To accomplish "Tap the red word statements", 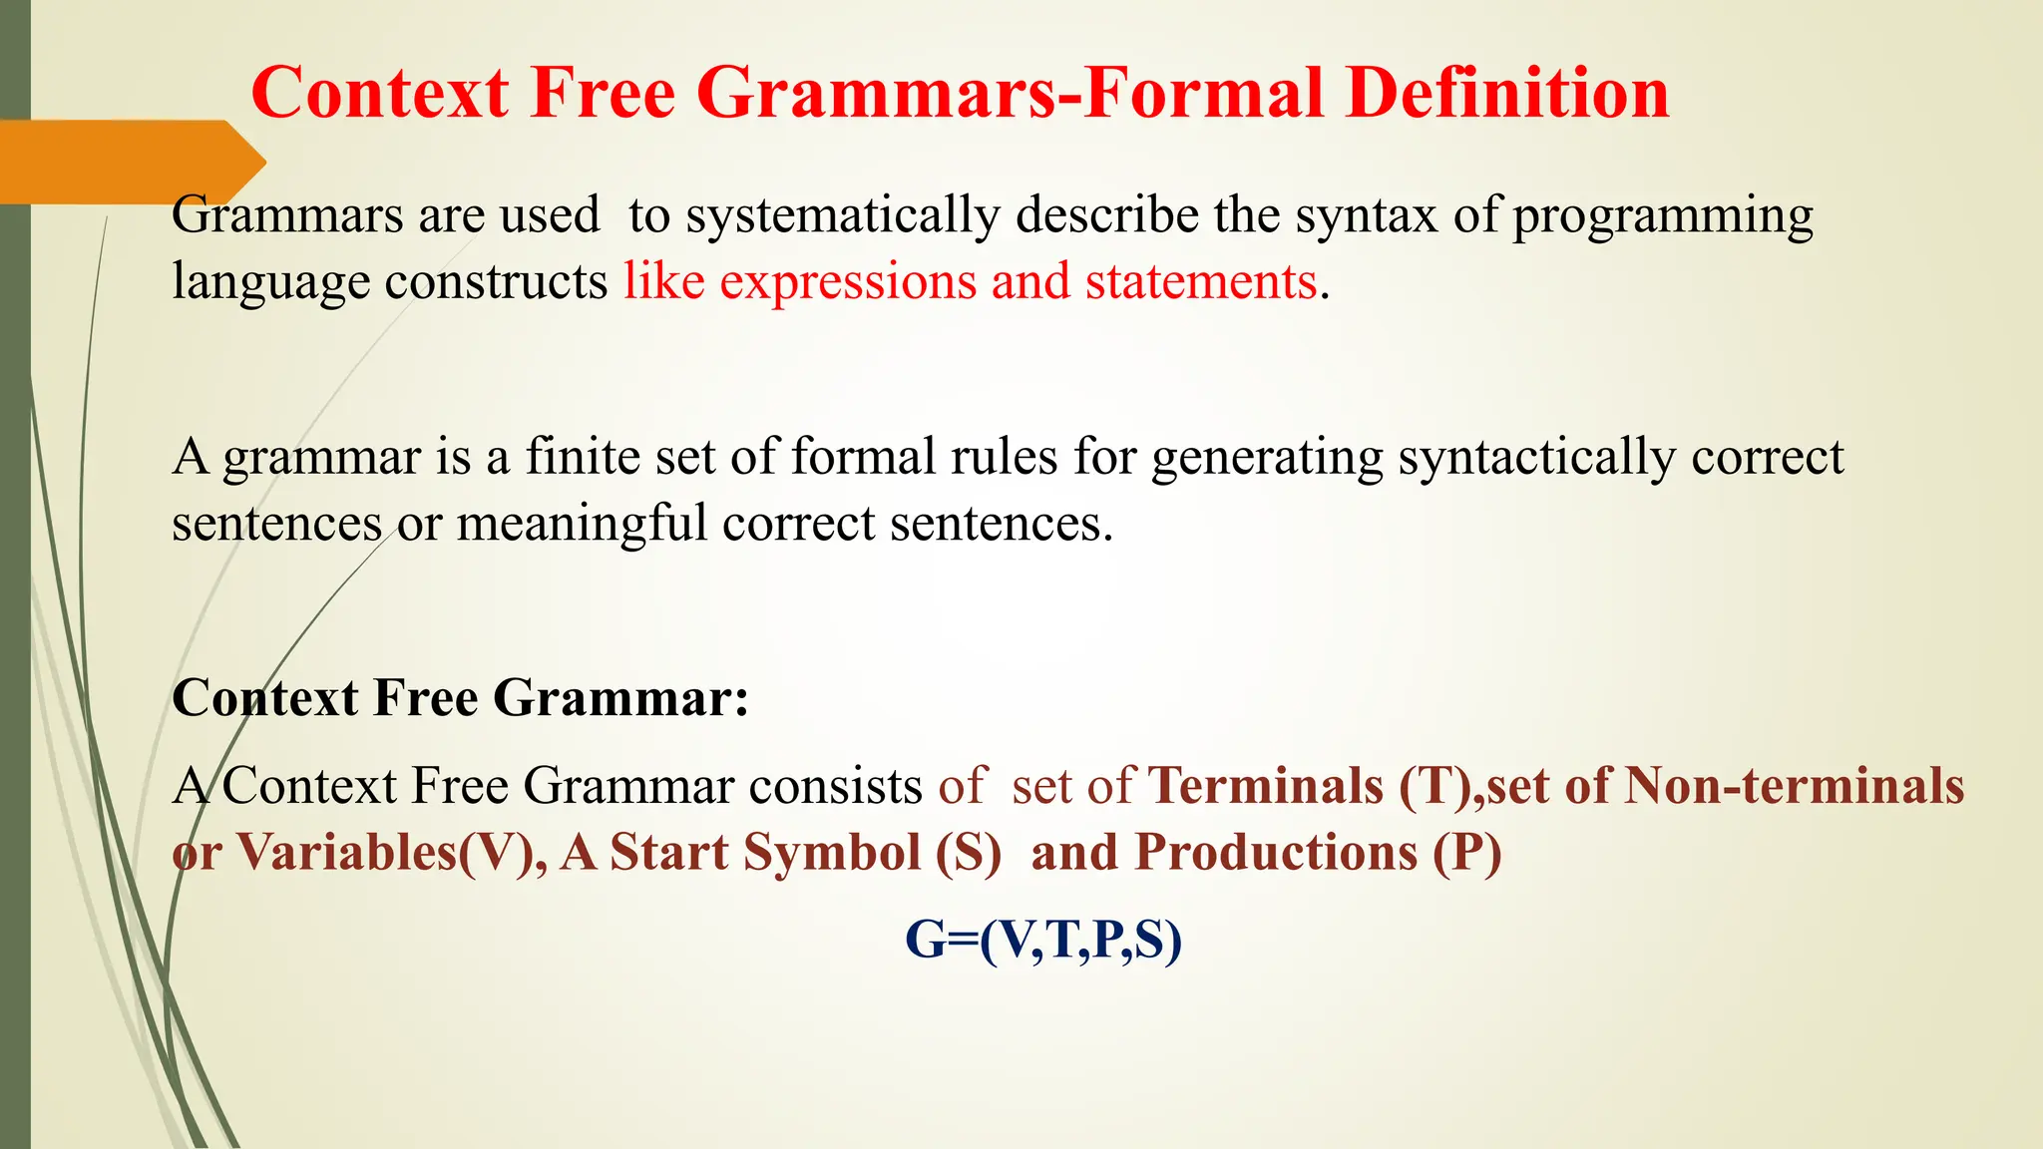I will click(1201, 281).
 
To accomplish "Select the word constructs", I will click(496, 281).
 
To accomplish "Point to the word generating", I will click(1267, 459).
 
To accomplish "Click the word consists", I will click(835, 786).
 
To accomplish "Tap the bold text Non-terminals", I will click(1794, 786).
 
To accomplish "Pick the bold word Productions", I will click(1276, 853).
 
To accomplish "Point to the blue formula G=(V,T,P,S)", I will click(1042, 940).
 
